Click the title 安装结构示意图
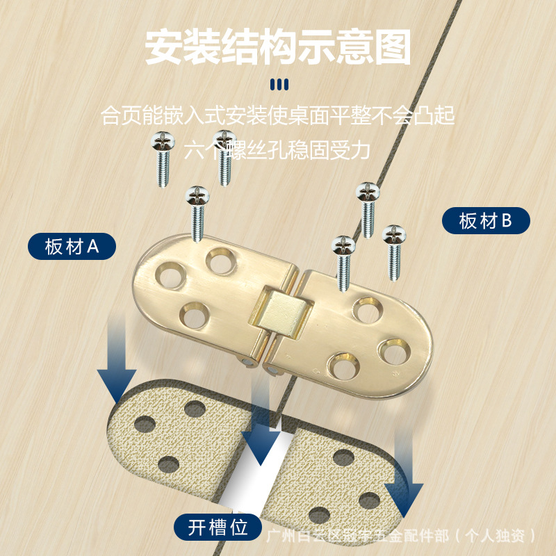tap(278, 47)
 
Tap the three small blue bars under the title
tap(278, 85)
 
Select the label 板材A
tap(72, 247)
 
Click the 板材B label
tap(486, 222)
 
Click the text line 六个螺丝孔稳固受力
tap(278, 149)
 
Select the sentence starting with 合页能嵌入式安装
tap(278, 115)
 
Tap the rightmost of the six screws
tap(393, 252)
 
